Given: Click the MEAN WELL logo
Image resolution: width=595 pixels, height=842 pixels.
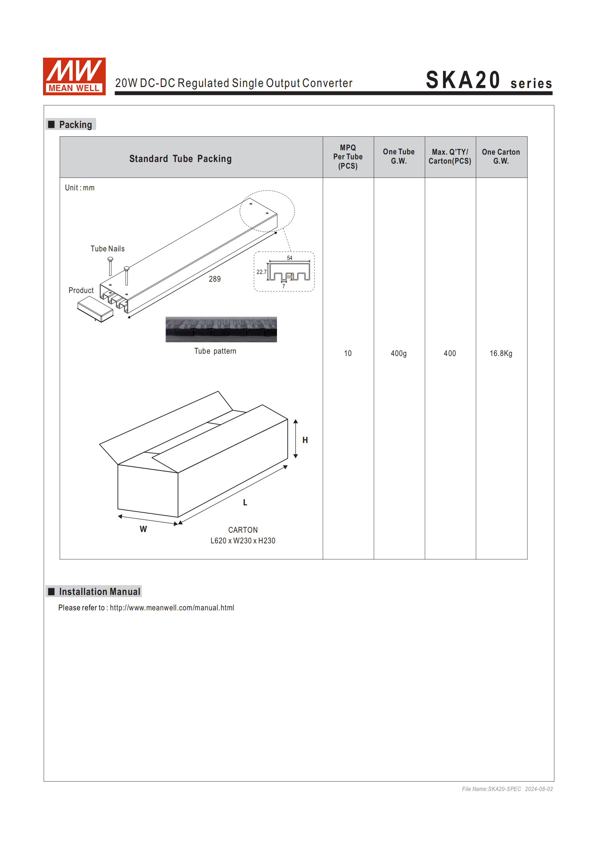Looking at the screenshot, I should [x=74, y=76].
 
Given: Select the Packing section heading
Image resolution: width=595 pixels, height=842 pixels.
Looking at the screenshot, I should [x=75, y=125].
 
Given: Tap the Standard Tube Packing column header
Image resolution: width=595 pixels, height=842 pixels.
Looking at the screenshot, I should [x=180, y=158].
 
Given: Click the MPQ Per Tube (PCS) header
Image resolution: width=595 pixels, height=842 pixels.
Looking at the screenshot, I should [x=347, y=157].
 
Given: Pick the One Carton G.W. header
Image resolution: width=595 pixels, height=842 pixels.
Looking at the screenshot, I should [x=501, y=157].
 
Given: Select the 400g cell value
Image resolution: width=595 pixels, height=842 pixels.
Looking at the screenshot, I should [x=398, y=354].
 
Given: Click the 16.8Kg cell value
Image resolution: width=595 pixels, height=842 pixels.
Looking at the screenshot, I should [x=501, y=354].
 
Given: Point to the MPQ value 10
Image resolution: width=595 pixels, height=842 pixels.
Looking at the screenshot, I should [x=347, y=354].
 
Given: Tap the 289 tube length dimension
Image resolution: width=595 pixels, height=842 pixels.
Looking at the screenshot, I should [x=215, y=279].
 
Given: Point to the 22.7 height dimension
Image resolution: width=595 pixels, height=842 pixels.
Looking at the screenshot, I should [x=261, y=272].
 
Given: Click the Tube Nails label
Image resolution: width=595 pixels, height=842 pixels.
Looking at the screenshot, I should [x=107, y=249].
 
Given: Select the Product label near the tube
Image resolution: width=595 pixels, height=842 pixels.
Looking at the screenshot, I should [x=81, y=290].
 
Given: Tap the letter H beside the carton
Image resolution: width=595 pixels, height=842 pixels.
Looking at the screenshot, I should [x=305, y=440].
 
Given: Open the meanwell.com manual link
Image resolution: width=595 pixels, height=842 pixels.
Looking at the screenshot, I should [x=172, y=608].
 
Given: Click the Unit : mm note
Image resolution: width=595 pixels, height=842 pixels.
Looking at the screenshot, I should [x=80, y=188].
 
